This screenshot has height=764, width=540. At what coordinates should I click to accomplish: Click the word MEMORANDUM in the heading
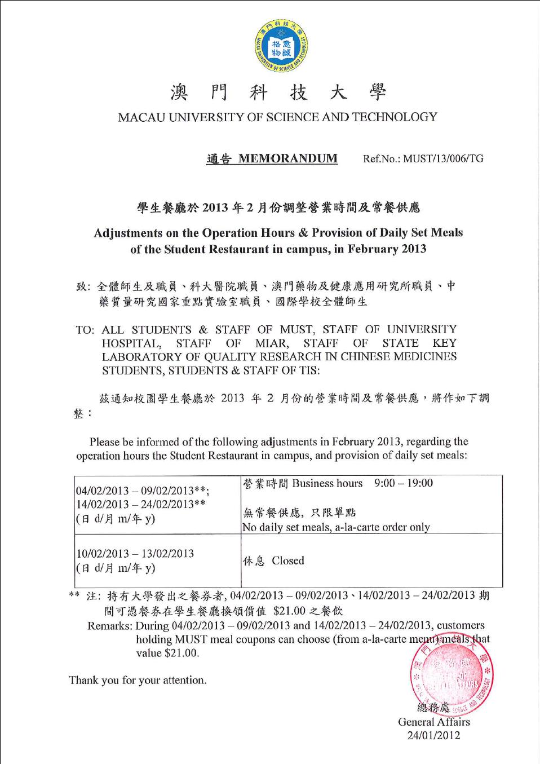287,158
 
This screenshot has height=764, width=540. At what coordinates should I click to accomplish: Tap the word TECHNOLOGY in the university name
395,117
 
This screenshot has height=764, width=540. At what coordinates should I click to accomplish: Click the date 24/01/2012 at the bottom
433,735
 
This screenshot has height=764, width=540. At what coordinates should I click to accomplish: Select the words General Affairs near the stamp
433,722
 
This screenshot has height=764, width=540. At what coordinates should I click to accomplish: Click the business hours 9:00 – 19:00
403,483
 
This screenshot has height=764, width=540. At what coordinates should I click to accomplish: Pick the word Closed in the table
287,561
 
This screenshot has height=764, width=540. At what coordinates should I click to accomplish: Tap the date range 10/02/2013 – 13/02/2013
135,554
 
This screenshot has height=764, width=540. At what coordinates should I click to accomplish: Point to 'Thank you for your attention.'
138,680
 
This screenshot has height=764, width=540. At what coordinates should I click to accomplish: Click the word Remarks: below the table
110,626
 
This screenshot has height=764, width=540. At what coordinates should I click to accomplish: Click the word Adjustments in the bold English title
128,233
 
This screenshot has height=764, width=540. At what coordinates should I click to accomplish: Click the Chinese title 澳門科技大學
278,92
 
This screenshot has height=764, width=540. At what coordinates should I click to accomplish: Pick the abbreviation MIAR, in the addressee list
272,343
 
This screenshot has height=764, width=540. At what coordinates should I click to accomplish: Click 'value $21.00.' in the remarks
167,653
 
